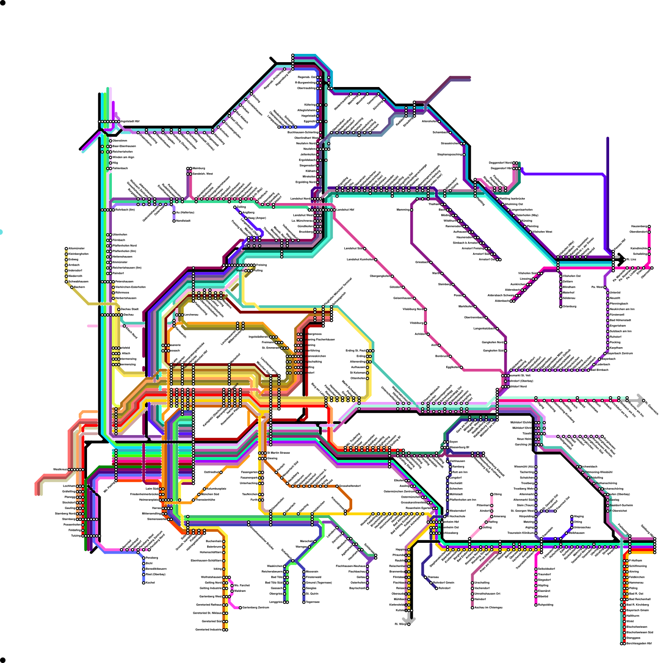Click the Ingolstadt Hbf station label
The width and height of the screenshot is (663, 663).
click(x=130, y=121)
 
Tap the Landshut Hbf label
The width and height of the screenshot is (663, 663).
click(x=345, y=210)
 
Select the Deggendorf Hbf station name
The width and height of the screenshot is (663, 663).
click(x=501, y=168)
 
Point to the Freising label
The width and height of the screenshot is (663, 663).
click(x=261, y=265)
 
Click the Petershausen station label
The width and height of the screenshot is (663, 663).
click(x=124, y=281)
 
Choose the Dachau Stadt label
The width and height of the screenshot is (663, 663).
click(x=130, y=309)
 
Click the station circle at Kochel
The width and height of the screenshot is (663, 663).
click(x=144, y=583)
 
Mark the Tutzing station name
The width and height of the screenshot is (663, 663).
click(x=76, y=536)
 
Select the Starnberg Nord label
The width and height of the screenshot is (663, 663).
click(x=65, y=513)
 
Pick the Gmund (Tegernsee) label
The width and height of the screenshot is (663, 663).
click(x=319, y=583)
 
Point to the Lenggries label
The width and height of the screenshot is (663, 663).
click(x=276, y=602)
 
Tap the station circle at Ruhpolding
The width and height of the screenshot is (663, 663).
click(x=536, y=605)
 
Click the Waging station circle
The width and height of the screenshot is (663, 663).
click(x=572, y=516)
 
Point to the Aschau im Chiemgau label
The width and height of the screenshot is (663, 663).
click(x=489, y=607)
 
